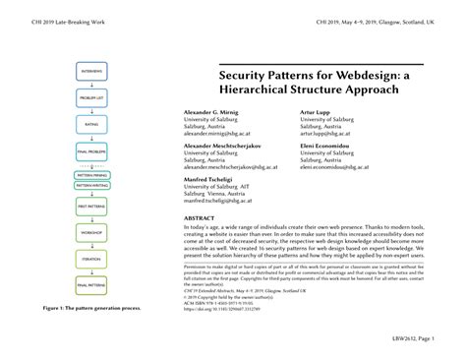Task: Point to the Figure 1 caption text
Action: click(x=91, y=308)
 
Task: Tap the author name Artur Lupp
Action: click(x=317, y=113)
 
